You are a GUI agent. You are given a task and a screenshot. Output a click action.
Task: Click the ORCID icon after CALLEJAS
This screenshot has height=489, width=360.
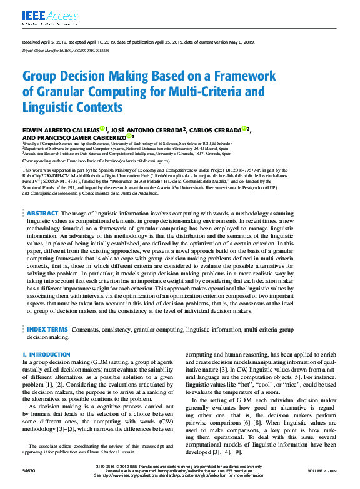tap(102, 128)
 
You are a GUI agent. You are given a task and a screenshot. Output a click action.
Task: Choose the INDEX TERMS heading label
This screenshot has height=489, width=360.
tap(47, 328)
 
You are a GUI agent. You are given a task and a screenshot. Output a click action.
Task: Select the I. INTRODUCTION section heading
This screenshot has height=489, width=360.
tap(46, 355)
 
